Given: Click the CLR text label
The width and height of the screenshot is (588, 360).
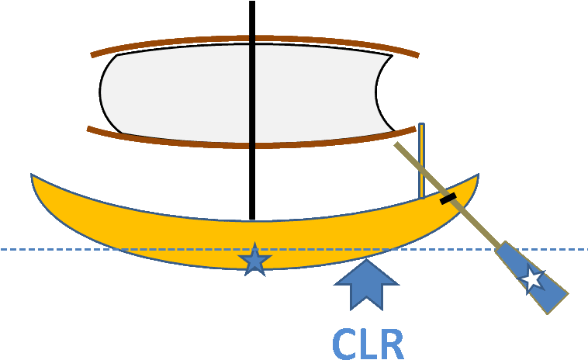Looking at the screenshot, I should [368, 343].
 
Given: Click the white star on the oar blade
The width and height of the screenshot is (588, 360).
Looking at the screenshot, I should [532, 279].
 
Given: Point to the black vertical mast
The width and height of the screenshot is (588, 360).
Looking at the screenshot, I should [251, 93].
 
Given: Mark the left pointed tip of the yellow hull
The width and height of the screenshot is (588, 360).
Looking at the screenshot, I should [33, 176].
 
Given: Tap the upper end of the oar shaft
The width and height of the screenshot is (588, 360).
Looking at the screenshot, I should [396, 144].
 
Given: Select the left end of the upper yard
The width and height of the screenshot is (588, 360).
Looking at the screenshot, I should [92, 55].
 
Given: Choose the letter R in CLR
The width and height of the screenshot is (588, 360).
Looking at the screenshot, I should [390, 344].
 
